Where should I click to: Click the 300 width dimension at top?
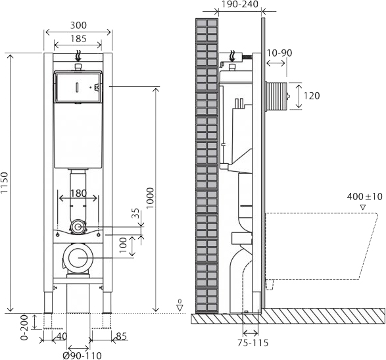(78, 26)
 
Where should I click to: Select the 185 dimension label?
(78, 39)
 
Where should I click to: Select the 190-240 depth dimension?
(239, 5)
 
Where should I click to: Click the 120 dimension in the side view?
(312, 96)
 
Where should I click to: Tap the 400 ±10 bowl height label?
(364, 196)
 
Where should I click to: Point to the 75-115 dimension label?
(253, 342)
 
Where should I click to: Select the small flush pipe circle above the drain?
(78, 226)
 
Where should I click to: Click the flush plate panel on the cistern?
(78, 87)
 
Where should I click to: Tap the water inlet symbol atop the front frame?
(78, 57)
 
